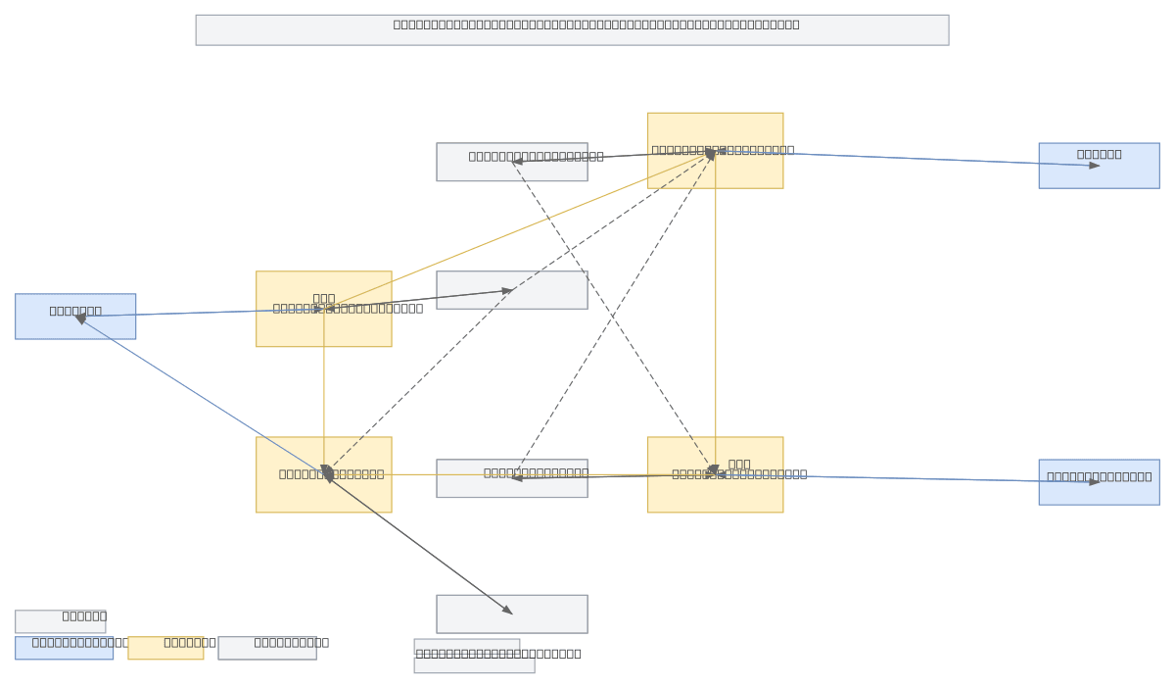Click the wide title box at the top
click(x=572, y=29)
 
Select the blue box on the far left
click(x=75, y=317)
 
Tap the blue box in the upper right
click(x=1099, y=166)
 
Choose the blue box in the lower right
click(x=1099, y=482)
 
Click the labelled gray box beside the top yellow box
click(x=512, y=162)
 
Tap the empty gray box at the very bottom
click(x=512, y=614)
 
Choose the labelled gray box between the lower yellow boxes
click(x=512, y=478)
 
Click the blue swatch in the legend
click(x=64, y=648)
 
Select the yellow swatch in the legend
click(x=165, y=648)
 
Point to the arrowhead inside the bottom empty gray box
click(x=507, y=611)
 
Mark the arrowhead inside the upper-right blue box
click(x=1095, y=166)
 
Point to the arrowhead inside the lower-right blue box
click(x=1095, y=482)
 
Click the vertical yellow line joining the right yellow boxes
click(x=715, y=314)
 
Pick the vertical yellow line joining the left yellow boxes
click(x=324, y=392)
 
